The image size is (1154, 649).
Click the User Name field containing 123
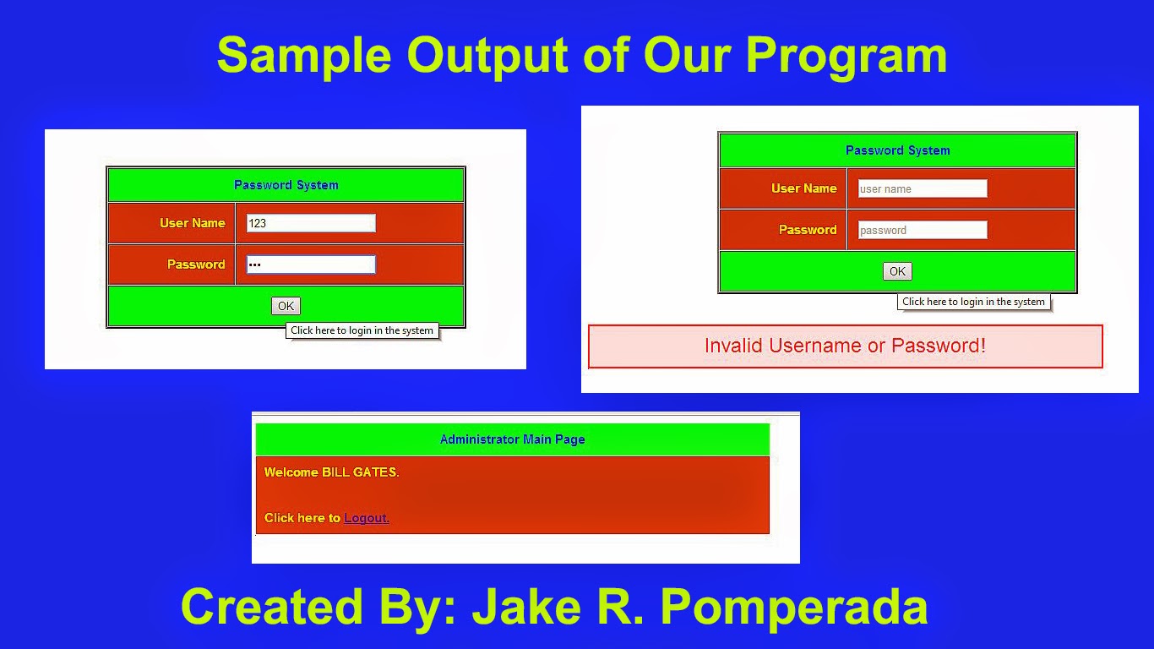[x=310, y=223]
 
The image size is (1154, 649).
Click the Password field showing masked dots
[x=310, y=265]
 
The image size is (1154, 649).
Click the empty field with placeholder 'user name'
[x=922, y=188]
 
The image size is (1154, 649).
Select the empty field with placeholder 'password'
[x=922, y=230]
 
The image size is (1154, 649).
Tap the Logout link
[x=367, y=518]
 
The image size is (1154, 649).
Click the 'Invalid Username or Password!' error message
[x=845, y=346]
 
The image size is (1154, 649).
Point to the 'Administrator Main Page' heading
[x=512, y=439]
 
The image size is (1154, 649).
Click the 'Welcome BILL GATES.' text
[x=331, y=472]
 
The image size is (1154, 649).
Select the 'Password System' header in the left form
[x=286, y=185]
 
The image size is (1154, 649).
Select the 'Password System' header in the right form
[x=897, y=150]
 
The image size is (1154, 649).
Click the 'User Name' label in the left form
[x=192, y=223]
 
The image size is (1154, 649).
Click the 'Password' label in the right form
[x=807, y=230]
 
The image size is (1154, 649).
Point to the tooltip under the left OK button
[x=362, y=330]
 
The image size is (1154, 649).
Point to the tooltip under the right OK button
[x=973, y=302]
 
